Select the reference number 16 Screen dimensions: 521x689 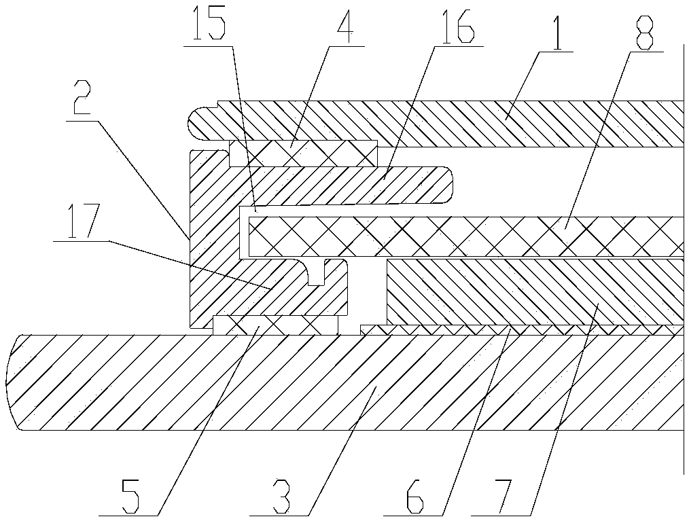pos(457,26)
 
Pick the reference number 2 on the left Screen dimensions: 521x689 pos(81,101)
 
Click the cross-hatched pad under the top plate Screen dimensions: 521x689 pos(303,153)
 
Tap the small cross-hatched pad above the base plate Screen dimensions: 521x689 pos(275,325)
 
